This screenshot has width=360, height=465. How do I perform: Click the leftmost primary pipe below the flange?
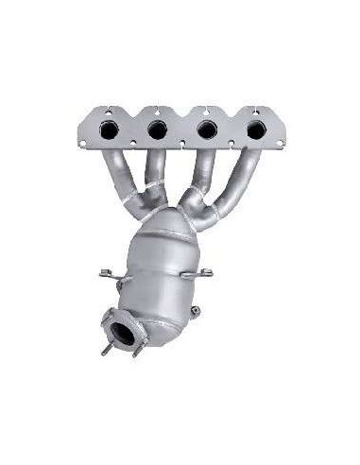pos(114,175)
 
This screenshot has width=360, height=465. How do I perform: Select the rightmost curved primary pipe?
pos(248,180)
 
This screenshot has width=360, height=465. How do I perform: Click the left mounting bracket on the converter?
pos(108,276)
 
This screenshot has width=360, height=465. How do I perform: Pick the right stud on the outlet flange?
pos(137,352)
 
